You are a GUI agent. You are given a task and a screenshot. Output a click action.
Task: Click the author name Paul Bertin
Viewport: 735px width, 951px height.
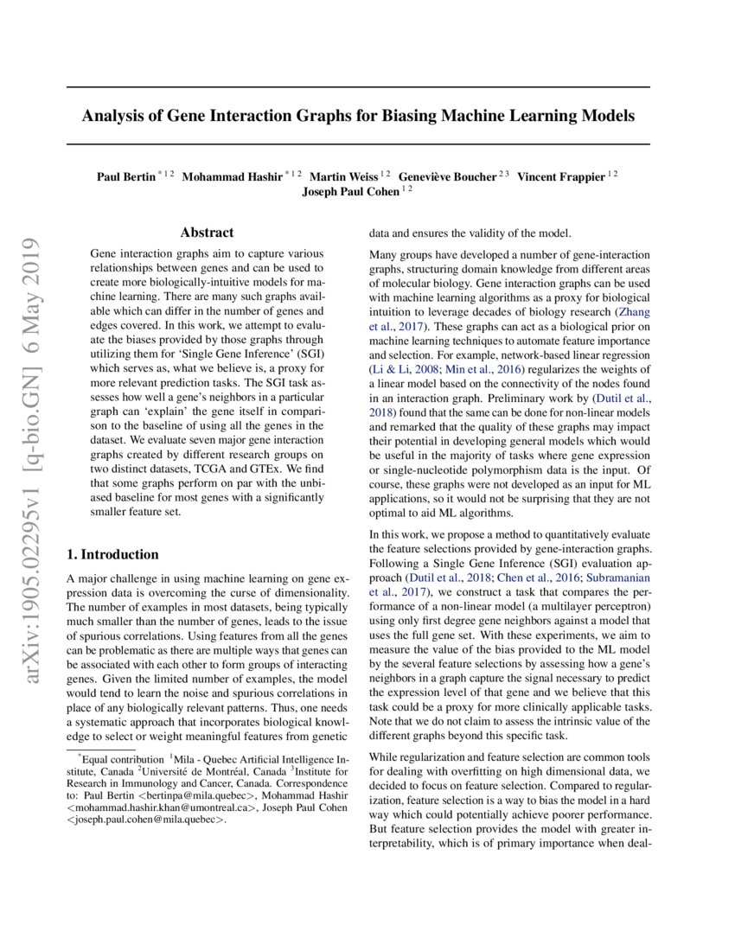click(125, 177)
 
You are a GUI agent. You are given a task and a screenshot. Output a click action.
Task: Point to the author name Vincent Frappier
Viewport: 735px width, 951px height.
click(561, 177)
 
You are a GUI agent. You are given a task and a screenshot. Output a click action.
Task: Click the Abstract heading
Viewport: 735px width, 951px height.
click(207, 233)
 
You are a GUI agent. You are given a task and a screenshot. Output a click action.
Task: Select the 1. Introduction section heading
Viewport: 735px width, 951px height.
click(112, 554)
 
